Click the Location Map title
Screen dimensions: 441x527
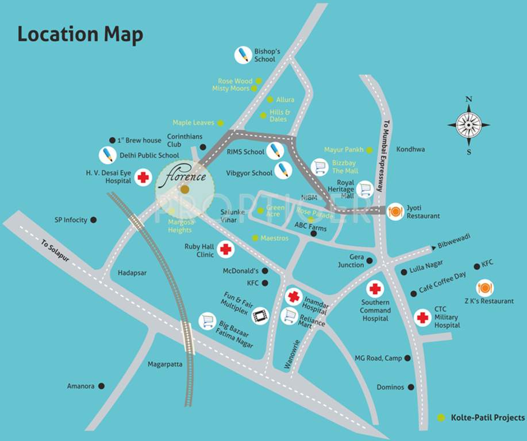point(80,34)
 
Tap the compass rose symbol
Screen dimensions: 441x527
point(468,125)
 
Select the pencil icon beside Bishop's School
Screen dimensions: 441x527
point(243,55)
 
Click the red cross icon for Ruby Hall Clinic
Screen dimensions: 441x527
point(226,250)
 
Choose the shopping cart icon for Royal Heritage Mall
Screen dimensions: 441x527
point(364,189)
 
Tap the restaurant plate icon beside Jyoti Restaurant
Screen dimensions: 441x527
point(395,212)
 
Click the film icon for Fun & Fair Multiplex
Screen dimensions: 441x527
point(261,315)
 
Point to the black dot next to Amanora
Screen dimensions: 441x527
point(102,386)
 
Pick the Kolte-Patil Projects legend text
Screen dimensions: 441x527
point(487,417)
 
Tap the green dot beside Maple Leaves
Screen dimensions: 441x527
point(220,123)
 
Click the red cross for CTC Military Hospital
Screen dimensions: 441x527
point(422,317)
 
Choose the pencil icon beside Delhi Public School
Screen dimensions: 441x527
point(107,155)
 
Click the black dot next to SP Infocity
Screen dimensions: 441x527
point(94,219)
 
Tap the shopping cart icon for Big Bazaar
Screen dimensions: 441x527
point(207,321)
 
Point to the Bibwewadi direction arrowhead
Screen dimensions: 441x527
point(434,248)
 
